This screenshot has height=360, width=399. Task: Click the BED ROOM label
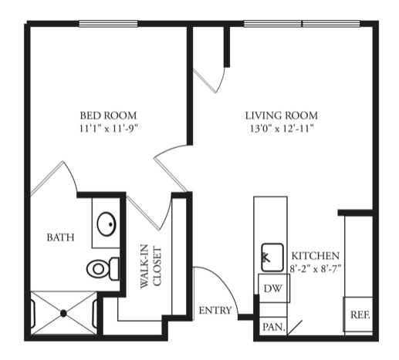(108, 116)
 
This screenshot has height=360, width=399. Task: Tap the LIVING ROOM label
(282, 116)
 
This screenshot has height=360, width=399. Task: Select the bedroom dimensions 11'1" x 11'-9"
(109, 128)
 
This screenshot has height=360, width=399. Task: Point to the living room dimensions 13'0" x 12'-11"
(282, 128)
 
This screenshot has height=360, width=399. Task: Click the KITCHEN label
(316, 256)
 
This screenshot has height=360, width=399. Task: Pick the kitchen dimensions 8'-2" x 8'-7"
(316, 268)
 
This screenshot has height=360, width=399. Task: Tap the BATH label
(60, 237)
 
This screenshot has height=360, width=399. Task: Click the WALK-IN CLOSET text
(150, 267)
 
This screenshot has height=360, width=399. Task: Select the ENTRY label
(215, 311)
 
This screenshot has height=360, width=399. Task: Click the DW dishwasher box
(274, 288)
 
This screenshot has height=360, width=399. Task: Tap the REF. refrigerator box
(358, 315)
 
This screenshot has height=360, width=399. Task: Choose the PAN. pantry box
(273, 326)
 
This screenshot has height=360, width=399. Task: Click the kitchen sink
(272, 257)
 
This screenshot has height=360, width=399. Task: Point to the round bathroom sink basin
(107, 224)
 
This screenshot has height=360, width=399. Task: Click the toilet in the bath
(103, 269)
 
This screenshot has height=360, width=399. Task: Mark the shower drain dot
(63, 314)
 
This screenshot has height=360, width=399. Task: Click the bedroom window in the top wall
(108, 24)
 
